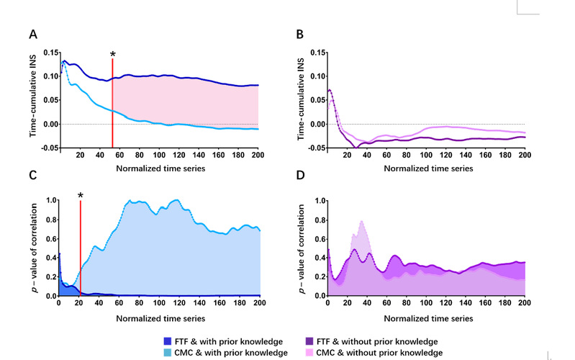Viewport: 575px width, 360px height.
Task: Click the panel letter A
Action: coord(33,35)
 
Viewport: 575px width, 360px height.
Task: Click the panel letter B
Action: coord(301,35)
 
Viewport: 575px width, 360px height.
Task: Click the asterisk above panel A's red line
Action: coord(112,55)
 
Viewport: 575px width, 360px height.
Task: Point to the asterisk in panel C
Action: coord(81,196)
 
